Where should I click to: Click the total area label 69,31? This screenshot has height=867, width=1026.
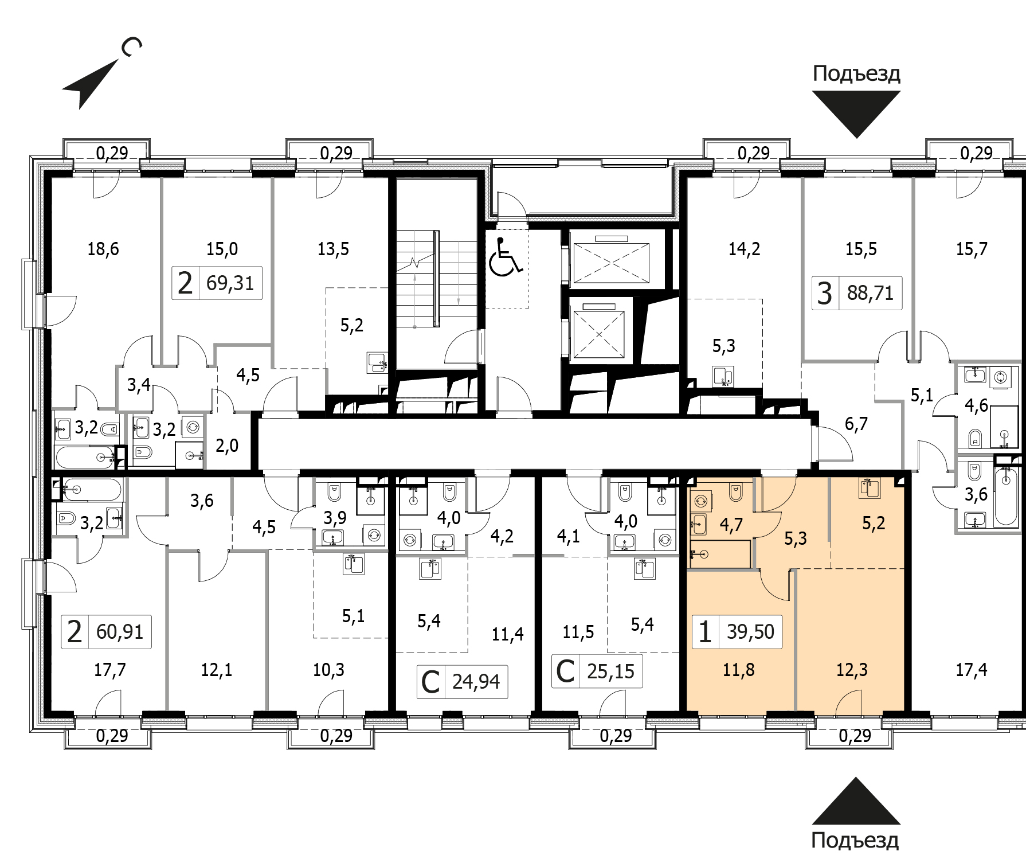coord(230,283)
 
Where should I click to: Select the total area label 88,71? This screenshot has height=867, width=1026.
coord(870,293)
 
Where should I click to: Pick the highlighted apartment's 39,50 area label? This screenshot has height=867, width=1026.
coord(750,632)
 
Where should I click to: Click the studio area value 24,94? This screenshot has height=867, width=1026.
coord(476,682)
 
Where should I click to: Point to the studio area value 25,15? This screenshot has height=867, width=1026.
coord(610,671)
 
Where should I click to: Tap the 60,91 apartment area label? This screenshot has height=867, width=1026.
coord(120,632)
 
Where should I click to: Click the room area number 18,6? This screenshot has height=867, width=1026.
coord(103,249)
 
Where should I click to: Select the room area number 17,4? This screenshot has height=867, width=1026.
coord(972,670)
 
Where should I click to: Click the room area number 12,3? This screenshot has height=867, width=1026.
coord(852,670)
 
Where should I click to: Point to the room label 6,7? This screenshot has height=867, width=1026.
coord(856,424)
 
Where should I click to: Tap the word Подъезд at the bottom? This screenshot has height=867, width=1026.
coord(855,840)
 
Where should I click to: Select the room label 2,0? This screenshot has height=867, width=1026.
coord(227,446)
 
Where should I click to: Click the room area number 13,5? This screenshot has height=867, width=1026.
coord(333,249)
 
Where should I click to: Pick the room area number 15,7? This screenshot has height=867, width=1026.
coord(972,249)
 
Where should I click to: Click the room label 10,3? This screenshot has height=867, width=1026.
coord(328,670)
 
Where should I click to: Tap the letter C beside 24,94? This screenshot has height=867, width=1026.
coord(430,682)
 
